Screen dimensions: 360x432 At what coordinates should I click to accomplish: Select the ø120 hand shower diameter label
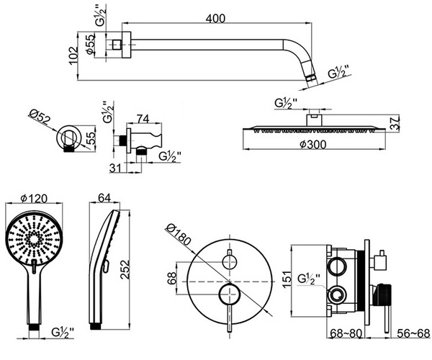[35, 197]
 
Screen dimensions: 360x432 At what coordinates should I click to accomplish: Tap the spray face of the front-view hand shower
[32, 238]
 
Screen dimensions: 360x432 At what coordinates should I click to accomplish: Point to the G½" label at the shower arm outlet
[338, 73]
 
